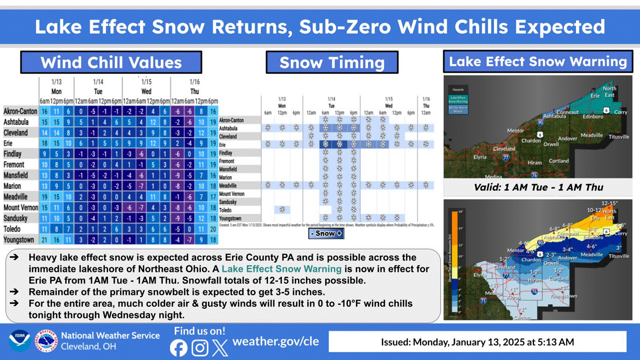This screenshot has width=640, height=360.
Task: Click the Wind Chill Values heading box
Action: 110,62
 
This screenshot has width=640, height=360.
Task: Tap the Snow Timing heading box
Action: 332,62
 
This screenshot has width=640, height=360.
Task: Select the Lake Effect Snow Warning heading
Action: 537,61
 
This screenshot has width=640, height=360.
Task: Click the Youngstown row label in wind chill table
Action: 19,240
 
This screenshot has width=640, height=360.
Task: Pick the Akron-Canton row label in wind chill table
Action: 20,111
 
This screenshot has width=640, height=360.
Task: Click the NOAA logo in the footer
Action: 20,341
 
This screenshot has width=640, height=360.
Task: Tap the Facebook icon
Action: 178,347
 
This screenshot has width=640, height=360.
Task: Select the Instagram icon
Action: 199,347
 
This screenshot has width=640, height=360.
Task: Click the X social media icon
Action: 220,347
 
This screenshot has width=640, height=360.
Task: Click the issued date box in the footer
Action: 477,342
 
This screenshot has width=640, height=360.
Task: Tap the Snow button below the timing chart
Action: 325,233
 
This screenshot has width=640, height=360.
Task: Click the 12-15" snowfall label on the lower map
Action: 610,203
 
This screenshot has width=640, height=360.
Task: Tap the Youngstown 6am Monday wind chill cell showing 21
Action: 44,240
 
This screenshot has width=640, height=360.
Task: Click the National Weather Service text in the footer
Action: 110,335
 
